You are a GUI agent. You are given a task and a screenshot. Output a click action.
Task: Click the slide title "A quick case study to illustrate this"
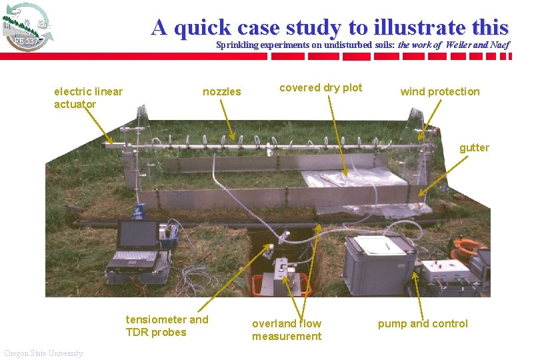[x=329, y=27]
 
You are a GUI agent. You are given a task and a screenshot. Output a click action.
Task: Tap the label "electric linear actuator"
[x=88, y=97]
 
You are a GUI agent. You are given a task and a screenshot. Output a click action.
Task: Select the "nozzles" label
[x=221, y=91]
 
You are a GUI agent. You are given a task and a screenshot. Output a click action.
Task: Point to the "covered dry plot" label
[x=321, y=87]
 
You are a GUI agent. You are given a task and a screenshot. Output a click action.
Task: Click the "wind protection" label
[x=439, y=91]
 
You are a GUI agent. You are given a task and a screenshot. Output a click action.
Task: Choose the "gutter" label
[x=474, y=147]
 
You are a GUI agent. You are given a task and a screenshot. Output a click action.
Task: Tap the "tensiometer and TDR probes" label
[x=167, y=325]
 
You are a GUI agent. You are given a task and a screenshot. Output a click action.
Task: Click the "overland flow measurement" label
[x=286, y=329]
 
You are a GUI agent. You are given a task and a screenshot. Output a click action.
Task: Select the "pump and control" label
[x=423, y=323]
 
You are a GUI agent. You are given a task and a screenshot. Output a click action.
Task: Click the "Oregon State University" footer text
[x=43, y=353]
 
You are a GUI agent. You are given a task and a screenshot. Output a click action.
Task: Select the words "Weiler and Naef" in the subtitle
[x=472, y=45]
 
